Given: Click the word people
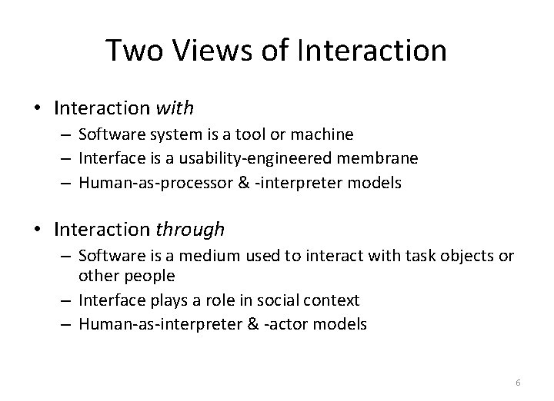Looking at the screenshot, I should pos(156,275).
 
